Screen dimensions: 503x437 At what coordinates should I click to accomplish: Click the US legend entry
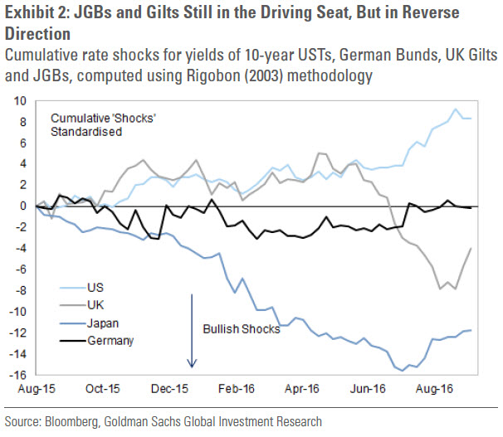click(82, 288)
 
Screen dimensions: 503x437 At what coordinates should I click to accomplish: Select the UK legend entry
click(82, 305)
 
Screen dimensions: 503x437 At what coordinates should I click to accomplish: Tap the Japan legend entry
click(89, 323)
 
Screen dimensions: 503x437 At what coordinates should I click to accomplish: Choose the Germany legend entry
click(96, 341)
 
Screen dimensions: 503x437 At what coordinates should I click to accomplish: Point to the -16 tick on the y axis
click(18, 375)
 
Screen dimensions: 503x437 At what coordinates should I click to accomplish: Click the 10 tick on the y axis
click(20, 101)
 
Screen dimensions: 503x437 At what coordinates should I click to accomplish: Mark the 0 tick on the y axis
click(23, 206)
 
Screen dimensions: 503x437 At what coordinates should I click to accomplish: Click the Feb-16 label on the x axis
click(237, 389)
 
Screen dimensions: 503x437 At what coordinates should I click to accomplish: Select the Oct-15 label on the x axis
click(103, 389)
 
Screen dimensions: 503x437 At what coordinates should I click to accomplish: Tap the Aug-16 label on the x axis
click(434, 389)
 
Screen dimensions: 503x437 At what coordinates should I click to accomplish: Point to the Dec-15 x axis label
click(169, 389)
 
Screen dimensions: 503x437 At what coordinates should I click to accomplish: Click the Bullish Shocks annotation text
click(242, 329)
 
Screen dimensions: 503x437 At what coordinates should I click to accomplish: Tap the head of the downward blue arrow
click(192, 367)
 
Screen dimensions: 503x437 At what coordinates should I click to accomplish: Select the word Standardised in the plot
click(86, 132)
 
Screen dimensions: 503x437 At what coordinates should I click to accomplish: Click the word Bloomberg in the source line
click(71, 422)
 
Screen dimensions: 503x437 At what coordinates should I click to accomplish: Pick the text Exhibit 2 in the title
click(37, 12)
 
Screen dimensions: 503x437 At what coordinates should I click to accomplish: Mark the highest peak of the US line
click(455, 109)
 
